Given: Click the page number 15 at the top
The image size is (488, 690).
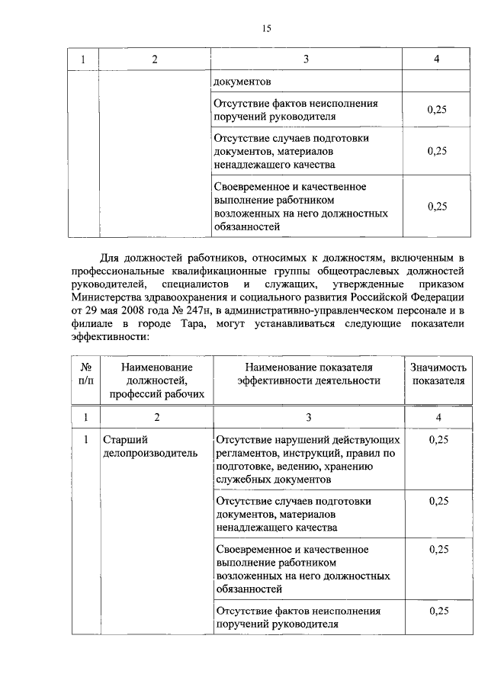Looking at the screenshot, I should (x=266, y=29).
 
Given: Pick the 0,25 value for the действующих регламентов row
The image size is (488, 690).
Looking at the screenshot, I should (x=438, y=440).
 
